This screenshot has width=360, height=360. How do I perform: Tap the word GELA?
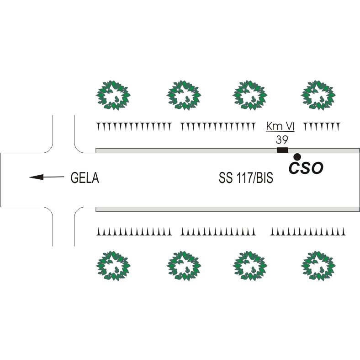(x=85, y=178)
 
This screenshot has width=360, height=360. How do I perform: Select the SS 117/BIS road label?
(x=246, y=178)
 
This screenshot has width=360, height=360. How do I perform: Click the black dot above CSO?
(x=297, y=156)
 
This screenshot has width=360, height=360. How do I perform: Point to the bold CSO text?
(x=306, y=168)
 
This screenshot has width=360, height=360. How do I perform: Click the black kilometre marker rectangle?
(x=282, y=150)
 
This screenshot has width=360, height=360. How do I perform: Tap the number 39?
(x=282, y=140)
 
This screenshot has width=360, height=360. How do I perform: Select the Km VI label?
(x=281, y=126)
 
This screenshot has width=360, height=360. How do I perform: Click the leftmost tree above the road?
(x=112, y=96)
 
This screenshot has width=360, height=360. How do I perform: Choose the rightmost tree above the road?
(x=318, y=96)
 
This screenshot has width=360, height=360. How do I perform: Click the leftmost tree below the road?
(x=112, y=266)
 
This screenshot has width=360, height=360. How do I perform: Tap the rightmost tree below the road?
(x=318, y=266)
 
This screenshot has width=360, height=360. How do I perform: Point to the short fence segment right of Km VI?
(x=322, y=126)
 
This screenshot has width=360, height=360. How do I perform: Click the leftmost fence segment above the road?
(x=133, y=126)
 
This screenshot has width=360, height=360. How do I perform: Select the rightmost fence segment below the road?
(x=307, y=232)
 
